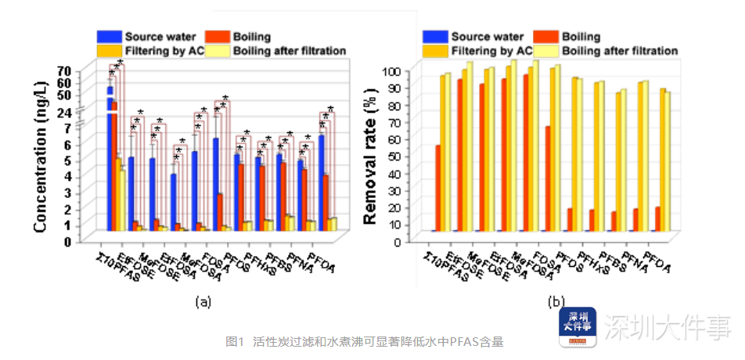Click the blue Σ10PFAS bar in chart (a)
(110, 157)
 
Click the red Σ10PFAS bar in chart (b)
(437, 188)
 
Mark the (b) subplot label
(556, 301)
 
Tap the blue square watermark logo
(577, 327)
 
